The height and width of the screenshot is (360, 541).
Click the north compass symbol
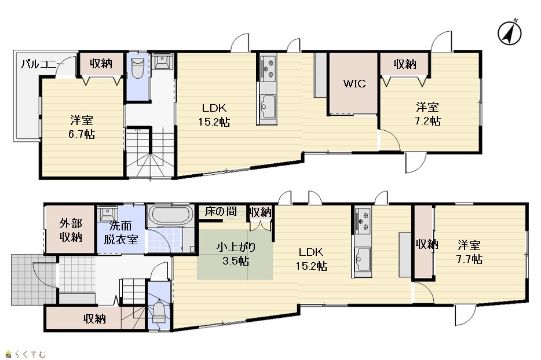(509, 32)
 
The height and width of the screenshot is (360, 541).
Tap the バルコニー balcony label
(42, 64)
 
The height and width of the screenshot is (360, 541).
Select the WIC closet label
(354, 83)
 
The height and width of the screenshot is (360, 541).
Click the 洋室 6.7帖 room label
(82, 127)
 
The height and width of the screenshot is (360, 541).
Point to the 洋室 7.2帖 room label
(427, 114)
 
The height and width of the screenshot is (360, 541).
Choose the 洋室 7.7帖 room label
(469, 252)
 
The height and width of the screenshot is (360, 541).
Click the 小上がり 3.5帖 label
(236, 254)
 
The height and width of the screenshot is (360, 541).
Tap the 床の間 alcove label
(221, 211)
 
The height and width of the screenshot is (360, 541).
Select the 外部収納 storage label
(71, 230)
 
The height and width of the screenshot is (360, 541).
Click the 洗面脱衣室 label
(120, 233)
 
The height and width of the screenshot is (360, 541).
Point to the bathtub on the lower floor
(171, 216)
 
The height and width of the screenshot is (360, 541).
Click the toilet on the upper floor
(138, 68)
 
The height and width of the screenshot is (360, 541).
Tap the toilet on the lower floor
(159, 312)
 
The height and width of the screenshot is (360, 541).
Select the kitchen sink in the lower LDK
(361, 259)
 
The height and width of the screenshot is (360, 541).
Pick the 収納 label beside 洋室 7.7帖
(427, 244)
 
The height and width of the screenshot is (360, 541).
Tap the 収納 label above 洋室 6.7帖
(101, 64)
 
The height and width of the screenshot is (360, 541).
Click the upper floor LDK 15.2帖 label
(214, 115)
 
